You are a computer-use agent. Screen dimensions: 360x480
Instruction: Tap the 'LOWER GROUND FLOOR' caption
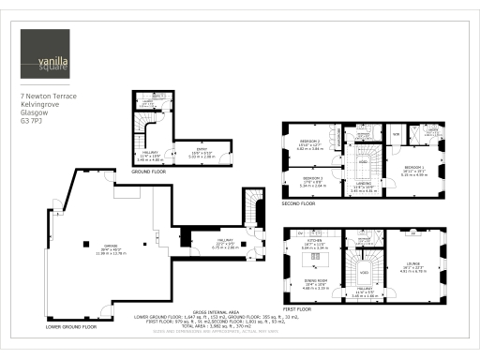coord(71,327)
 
